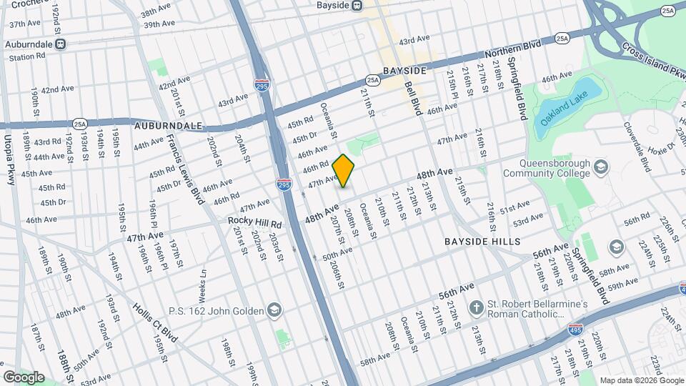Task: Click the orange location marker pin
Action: click(x=344, y=171)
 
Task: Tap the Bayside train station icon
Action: click(x=356, y=5)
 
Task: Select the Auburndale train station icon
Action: click(x=61, y=44)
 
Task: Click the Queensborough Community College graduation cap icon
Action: click(x=601, y=167)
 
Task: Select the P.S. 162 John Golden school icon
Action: click(x=274, y=310)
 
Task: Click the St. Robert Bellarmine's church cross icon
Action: click(x=476, y=308)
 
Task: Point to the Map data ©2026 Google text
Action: click(x=641, y=380)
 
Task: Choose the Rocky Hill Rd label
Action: click(x=255, y=223)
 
